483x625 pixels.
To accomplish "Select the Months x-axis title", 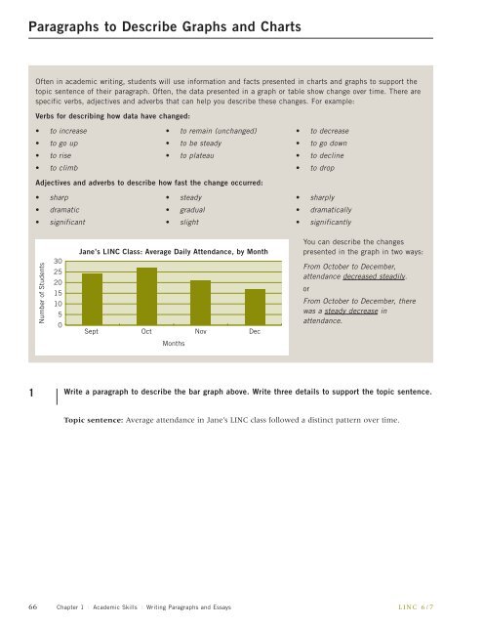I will pyautogui.click(x=174, y=345).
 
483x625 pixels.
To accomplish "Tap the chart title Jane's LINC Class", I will pyautogui.click(x=173, y=252).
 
